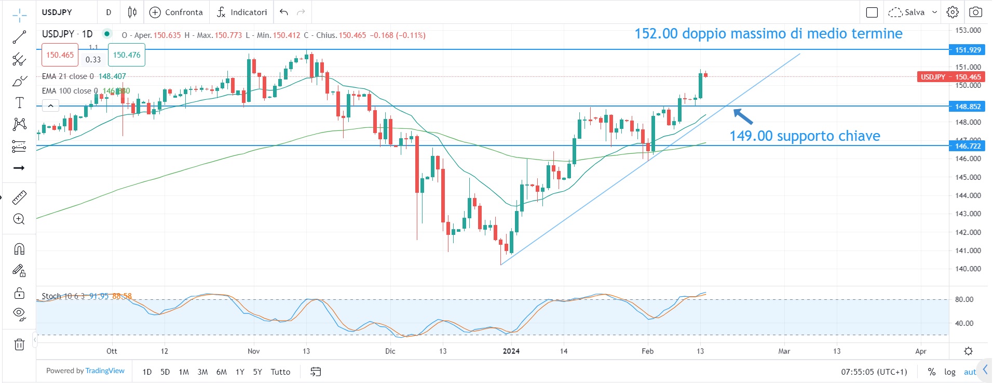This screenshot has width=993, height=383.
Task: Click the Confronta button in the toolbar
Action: click(x=176, y=12)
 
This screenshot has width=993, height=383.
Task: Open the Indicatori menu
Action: click(x=242, y=12)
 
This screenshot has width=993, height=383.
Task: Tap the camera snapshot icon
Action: click(x=975, y=12)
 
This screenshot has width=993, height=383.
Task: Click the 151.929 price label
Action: click(x=968, y=50)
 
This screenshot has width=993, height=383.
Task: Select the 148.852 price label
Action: click(x=968, y=107)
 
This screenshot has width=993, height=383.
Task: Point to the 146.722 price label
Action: click(x=968, y=146)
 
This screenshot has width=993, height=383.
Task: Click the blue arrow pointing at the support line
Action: click(x=743, y=116)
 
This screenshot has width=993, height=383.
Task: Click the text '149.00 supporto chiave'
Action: click(x=805, y=136)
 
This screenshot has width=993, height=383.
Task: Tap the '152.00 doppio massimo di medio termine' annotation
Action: click(x=768, y=34)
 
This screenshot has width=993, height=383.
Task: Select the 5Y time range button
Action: click(x=257, y=372)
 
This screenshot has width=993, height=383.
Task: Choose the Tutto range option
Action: click(x=280, y=372)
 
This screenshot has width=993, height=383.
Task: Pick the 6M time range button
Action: click(x=221, y=372)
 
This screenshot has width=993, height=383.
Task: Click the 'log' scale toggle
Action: click(x=949, y=372)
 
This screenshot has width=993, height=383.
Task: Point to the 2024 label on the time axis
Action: click(x=511, y=351)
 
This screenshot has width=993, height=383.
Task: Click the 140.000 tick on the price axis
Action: click(x=968, y=269)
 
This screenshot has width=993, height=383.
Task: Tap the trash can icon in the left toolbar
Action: click(x=19, y=344)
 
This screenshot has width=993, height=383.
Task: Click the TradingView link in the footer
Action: click(x=105, y=371)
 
